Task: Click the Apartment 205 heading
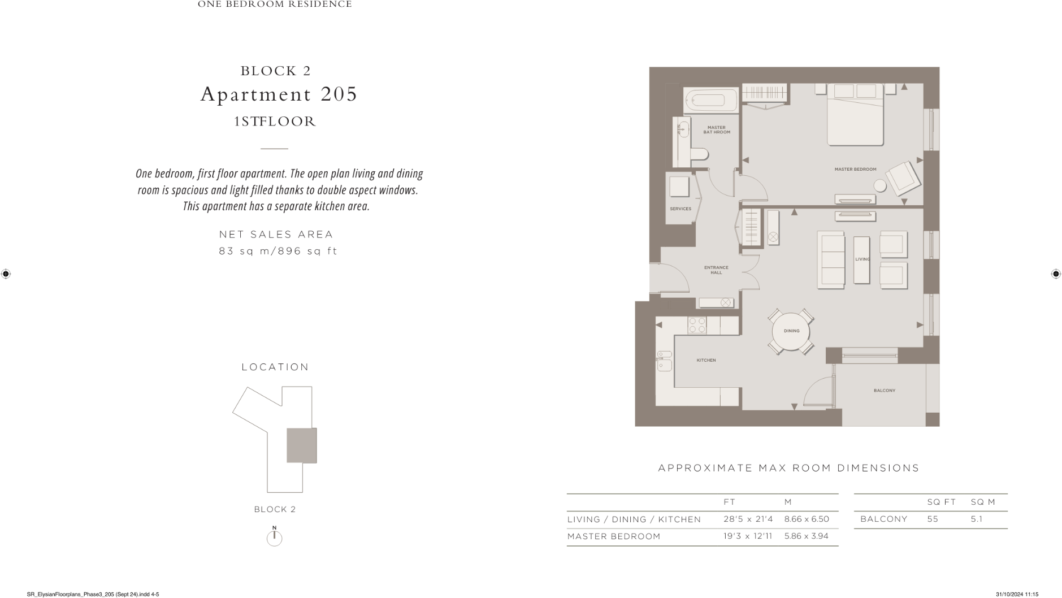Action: (x=279, y=94)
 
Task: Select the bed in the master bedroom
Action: (x=855, y=116)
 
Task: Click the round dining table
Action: (x=791, y=331)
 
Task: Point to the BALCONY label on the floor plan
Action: (x=884, y=391)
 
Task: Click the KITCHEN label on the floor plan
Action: (x=706, y=360)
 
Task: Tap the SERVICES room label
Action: (x=680, y=209)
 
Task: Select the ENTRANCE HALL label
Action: (x=716, y=270)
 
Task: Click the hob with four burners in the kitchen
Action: (x=697, y=325)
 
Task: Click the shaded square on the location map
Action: (x=301, y=445)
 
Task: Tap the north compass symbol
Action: (x=274, y=537)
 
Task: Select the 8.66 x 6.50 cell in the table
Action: (x=807, y=519)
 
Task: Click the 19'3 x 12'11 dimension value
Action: (x=747, y=536)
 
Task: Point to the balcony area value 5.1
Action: (x=976, y=519)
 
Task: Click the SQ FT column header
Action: (x=941, y=502)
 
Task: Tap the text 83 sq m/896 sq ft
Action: (x=278, y=251)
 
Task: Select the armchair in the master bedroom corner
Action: (x=903, y=178)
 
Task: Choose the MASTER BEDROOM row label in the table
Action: (x=614, y=536)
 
